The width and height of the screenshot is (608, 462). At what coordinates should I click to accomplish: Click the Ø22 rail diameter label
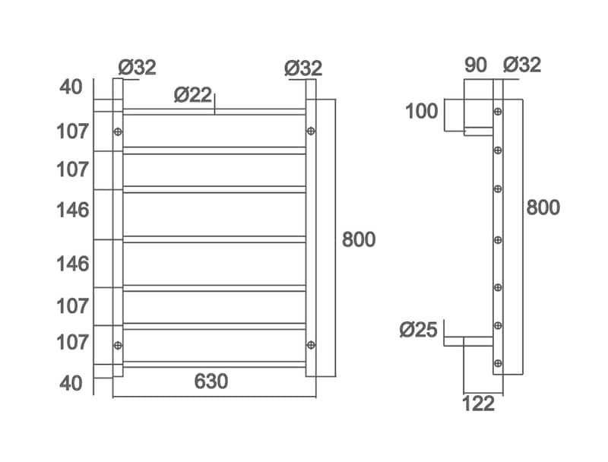coord(192,95)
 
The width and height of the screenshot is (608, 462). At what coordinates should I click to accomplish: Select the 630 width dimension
coord(211,381)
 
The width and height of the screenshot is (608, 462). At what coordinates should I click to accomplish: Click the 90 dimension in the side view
coord(475,65)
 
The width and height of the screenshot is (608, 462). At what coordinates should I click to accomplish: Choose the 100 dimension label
coord(421,112)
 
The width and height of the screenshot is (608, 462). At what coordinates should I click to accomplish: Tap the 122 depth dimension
coord(478,403)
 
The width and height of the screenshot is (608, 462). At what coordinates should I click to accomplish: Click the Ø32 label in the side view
coord(522,65)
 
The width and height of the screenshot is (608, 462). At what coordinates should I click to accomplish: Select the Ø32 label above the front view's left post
coord(138,68)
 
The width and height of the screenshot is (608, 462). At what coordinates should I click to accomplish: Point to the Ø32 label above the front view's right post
coord(303,68)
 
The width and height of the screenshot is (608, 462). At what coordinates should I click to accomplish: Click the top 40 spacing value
coord(71,87)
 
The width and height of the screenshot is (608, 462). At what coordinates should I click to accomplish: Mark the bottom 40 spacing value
coord(71,382)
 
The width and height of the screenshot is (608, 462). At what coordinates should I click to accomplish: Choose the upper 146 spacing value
coord(73,210)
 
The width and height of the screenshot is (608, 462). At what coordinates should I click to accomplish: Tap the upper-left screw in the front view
coord(118,132)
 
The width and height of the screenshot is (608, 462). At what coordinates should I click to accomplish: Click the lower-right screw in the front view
coord(311,346)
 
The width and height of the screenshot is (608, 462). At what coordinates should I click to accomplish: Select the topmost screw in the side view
coord(498,112)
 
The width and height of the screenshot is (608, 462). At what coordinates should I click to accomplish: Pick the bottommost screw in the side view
coord(498,362)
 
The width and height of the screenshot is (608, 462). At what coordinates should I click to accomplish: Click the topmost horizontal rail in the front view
coord(214,112)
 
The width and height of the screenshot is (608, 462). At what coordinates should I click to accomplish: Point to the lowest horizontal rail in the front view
coord(214,365)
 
